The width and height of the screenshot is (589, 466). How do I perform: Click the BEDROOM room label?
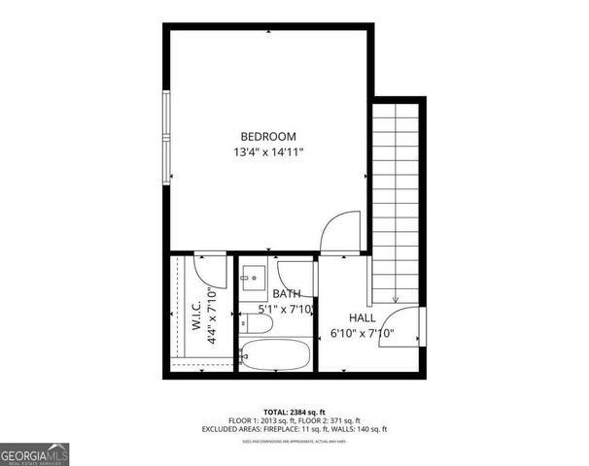coord(269,137)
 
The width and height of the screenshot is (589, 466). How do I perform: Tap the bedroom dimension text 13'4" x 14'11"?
coord(269,152)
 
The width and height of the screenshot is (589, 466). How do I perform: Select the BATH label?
coord(286,293)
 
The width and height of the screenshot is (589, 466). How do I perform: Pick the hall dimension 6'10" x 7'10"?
coord(375,333)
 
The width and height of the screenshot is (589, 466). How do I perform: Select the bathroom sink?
coord(254,278)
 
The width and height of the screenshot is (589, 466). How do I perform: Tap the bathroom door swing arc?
coord(294,271)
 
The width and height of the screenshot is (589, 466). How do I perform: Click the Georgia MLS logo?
coord(35,453)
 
